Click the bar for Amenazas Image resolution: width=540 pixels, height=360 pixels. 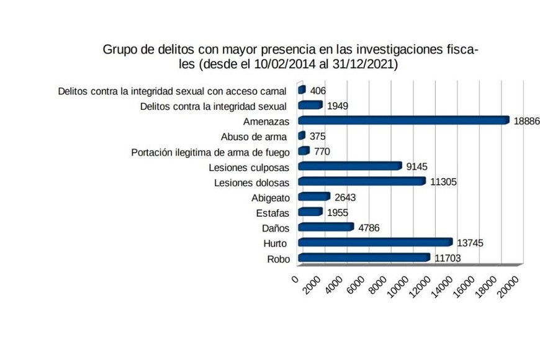[x=403, y=120]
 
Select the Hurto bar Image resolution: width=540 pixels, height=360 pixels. [x=375, y=242]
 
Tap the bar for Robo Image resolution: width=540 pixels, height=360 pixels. [x=364, y=258]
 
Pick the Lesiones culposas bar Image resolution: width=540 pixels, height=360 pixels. [x=350, y=166]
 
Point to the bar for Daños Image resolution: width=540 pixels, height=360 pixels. [x=326, y=227]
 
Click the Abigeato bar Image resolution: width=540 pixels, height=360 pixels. [x=313, y=197]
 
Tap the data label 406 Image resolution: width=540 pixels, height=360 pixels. [x=318, y=91]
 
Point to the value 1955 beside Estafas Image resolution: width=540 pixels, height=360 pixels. [x=338, y=212]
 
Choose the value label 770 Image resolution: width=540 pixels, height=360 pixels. [x=322, y=151]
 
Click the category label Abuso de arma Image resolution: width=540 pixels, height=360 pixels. [x=254, y=137]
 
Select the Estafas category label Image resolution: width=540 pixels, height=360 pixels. [x=272, y=213]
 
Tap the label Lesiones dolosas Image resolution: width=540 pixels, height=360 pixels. [x=251, y=182]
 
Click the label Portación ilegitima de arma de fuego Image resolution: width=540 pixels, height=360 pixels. [x=210, y=152]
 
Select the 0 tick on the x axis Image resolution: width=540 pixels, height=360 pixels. [x=295, y=277]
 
